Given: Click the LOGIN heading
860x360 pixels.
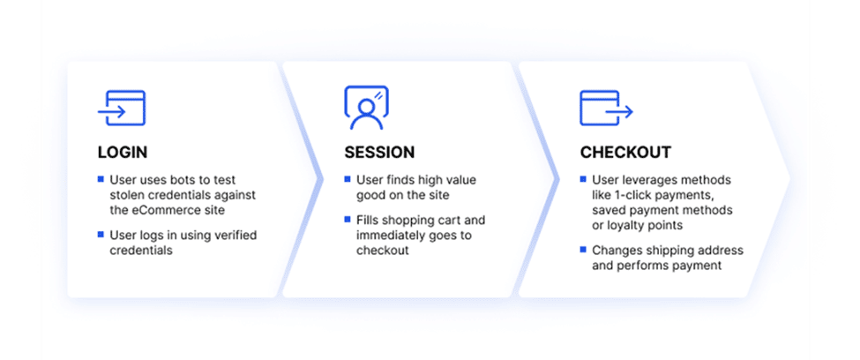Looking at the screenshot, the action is [x=123, y=152].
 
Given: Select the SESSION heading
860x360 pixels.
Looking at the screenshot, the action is [x=379, y=152].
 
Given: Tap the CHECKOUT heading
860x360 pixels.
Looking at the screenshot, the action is [x=625, y=152].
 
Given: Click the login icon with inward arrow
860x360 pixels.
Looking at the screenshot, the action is [x=121, y=109].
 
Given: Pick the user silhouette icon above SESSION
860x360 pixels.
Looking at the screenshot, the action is [x=366, y=107].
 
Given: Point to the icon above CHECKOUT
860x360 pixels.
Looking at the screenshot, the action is [x=606, y=109].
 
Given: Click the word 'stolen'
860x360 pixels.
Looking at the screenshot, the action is [x=125, y=194].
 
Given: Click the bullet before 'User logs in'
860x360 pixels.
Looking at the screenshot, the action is [x=101, y=235].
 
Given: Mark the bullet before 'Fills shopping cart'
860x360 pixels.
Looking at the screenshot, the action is [x=348, y=221].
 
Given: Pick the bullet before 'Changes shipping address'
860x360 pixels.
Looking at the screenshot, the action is [x=584, y=250].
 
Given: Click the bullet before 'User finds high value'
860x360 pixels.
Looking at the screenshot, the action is [x=348, y=179].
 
